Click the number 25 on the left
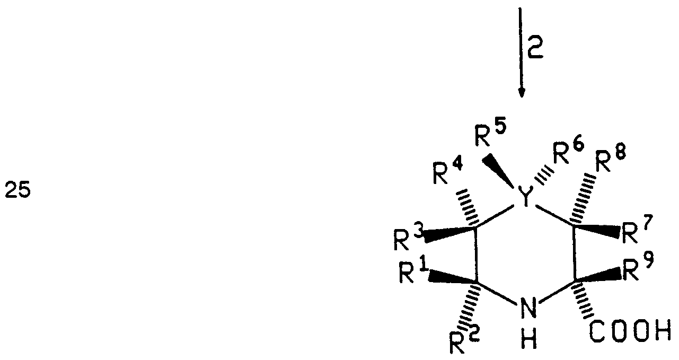[x=17, y=189]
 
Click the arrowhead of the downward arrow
[x=522, y=91]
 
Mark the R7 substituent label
[x=638, y=233]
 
